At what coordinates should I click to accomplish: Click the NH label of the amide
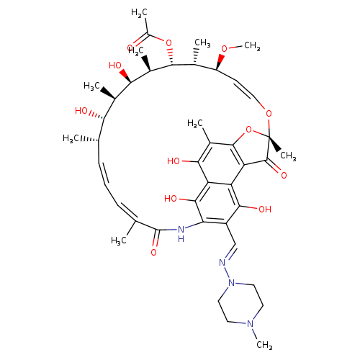click(x=181, y=234)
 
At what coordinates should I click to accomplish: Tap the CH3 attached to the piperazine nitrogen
click(x=264, y=345)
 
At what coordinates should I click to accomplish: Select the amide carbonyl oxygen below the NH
click(x=154, y=253)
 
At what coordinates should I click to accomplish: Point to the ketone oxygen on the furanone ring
click(x=284, y=175)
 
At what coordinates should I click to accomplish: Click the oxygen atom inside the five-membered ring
click(x=249, y=130)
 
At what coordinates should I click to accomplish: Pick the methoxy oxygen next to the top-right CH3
click(x=224, y=49)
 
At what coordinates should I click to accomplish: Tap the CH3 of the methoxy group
click(x=252, y=46)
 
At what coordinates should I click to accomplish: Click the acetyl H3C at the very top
click(x=139, y=13)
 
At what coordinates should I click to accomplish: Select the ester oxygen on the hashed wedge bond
click(x=168, y=43)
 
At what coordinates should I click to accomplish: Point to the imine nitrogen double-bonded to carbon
click(x=222, y=263)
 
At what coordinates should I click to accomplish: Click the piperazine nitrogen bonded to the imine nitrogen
click(x=232, y=283)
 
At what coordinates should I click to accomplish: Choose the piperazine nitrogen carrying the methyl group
click(x=251, y=324)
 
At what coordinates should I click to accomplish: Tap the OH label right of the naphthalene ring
click(x=265, y=210)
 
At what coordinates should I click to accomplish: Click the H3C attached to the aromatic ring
click(x=195, y=124)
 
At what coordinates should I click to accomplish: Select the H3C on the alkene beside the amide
click(x=119, y=240)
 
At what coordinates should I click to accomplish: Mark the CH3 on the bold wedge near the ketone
click(x=288, y=156)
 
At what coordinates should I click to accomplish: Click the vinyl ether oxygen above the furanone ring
click(x=269, y=113)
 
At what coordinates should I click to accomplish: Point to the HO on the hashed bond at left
click(x=81, y=111)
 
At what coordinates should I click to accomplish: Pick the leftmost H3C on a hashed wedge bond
click(x=71, y=138)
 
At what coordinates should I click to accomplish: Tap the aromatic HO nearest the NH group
click(x=171, y=199)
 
